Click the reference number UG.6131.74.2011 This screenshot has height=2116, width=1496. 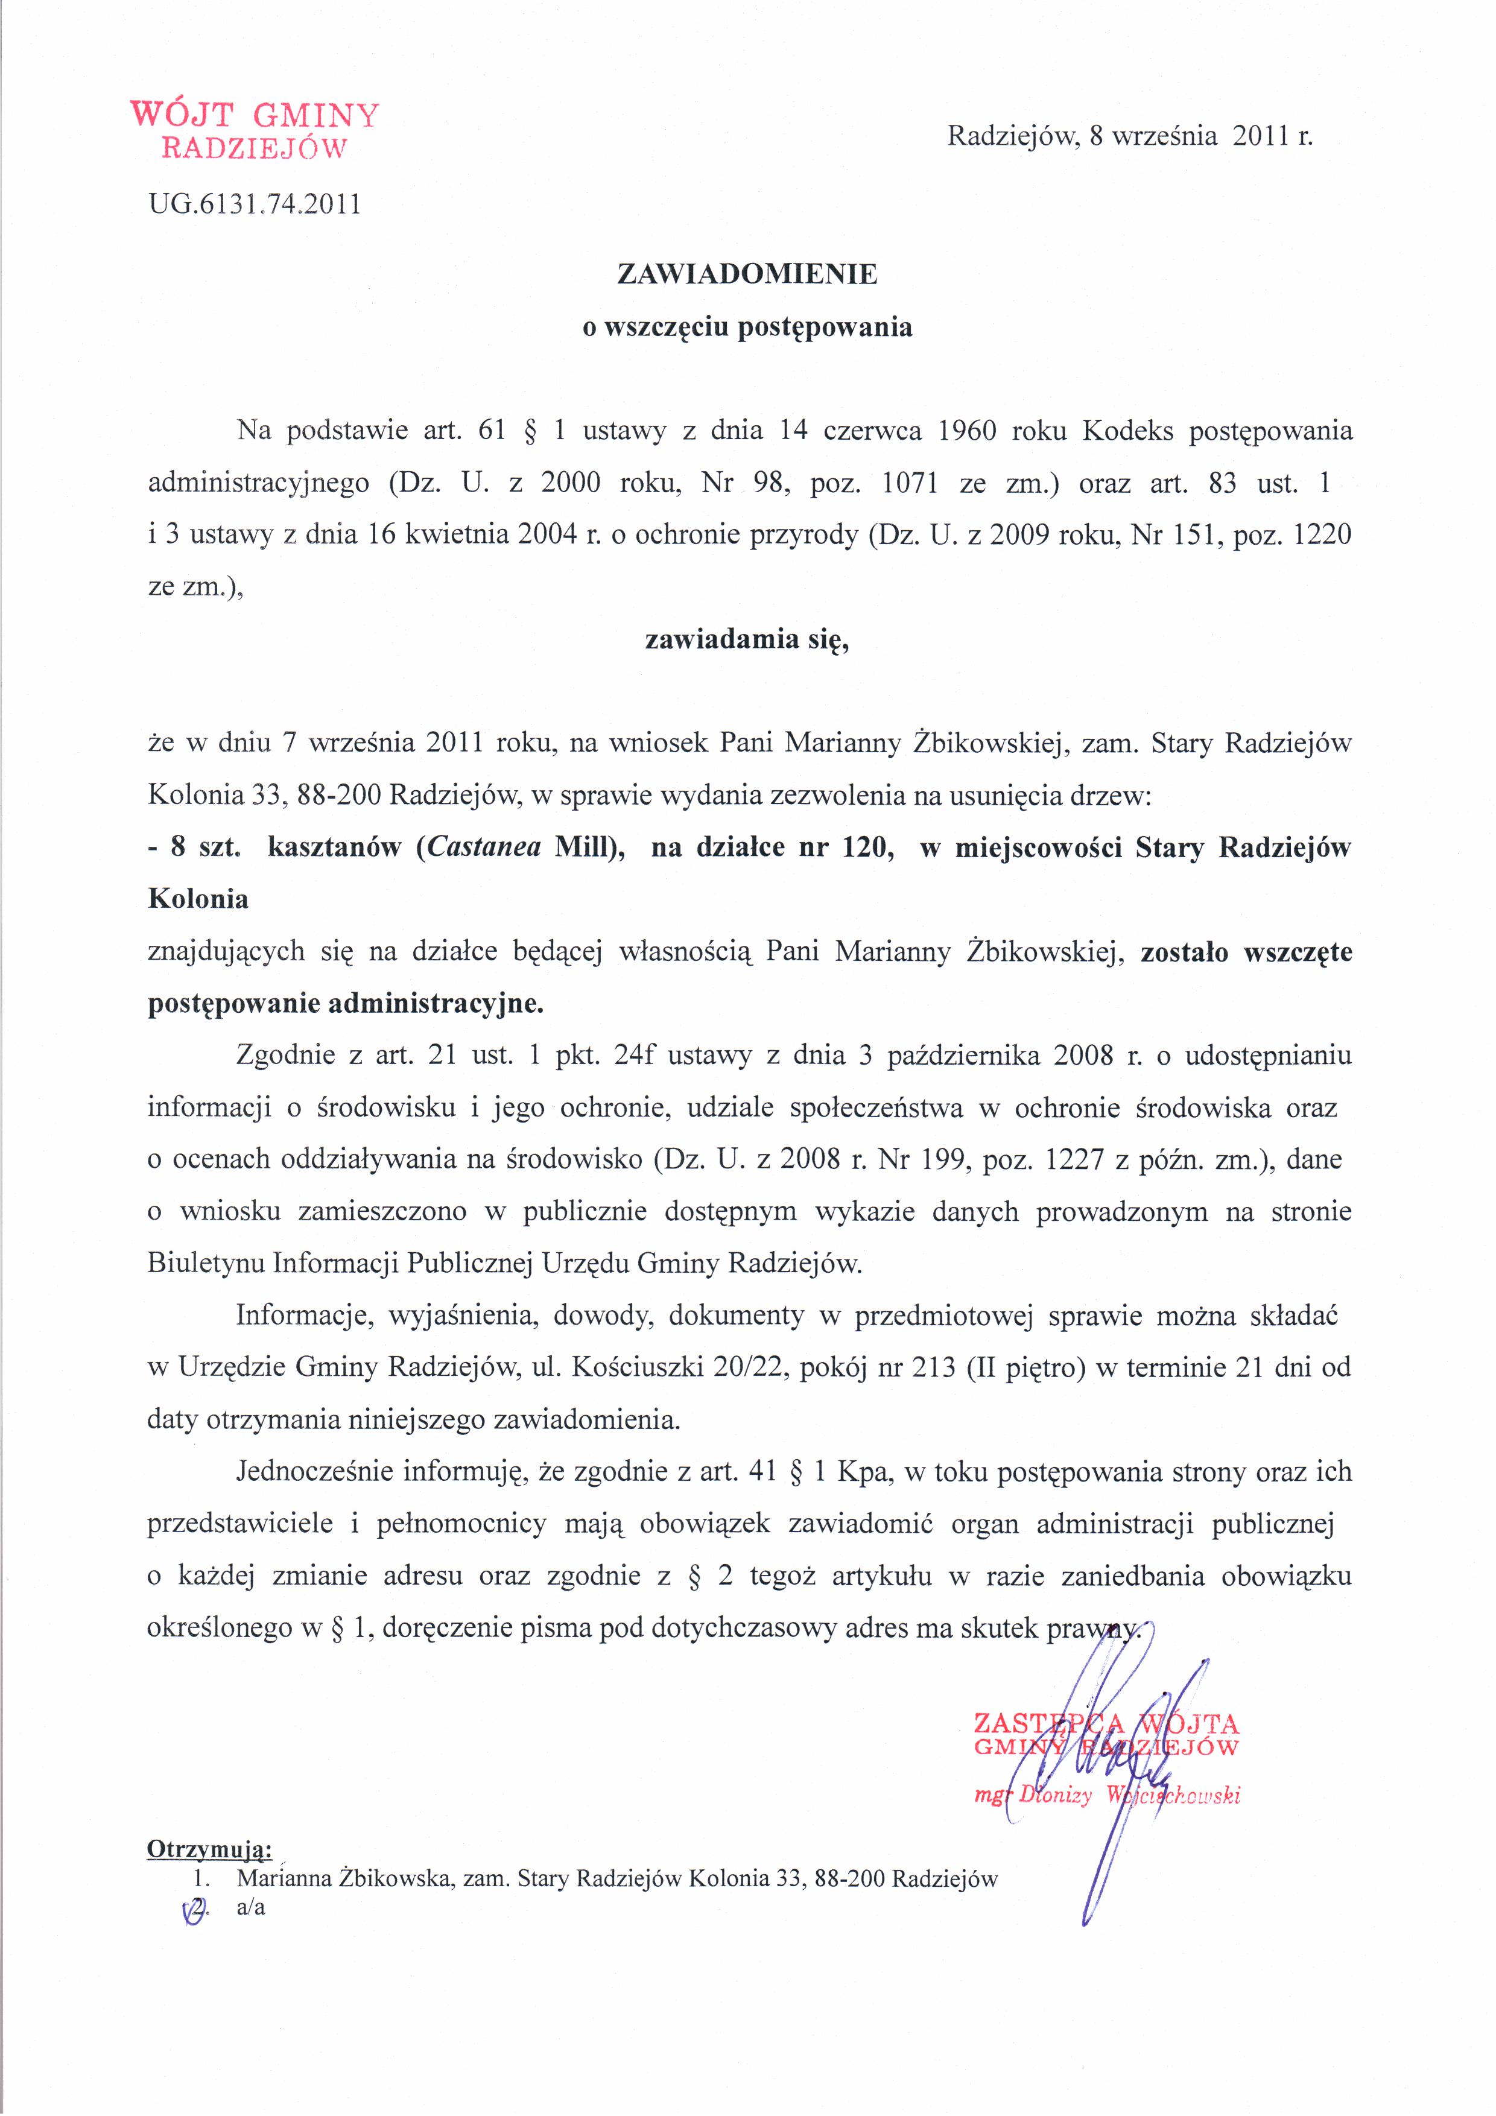tap(255, 204)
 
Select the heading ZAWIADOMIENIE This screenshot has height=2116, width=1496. tap(747, 274)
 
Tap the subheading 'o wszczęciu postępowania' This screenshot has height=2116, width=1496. tap(747, 327)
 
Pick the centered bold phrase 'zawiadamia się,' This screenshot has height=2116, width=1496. tap(747, 639)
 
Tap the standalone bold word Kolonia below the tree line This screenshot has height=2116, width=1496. tap(198, 899)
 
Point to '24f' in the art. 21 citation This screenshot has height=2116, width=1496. tap(633, 1055)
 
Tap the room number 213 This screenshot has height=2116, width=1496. tap(932, 1367)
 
